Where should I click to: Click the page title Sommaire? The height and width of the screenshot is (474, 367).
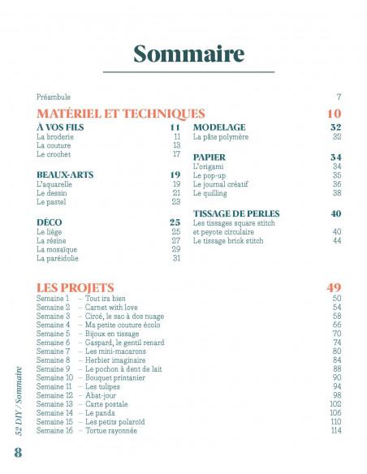click(188, 54)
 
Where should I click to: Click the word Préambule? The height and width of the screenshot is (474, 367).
click(54, 96)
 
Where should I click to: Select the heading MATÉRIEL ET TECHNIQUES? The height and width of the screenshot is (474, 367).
click(120, 114)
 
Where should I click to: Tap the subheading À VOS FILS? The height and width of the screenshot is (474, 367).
click(61, 128)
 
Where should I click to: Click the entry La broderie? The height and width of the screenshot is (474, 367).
click(54, 137)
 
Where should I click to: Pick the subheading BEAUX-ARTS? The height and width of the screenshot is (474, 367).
click(63, 175)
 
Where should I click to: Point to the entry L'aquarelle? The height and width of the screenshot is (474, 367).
click(54, 184)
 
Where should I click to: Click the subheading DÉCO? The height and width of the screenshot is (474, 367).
click(50, 222)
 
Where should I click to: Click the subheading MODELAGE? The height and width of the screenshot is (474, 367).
click(219, 128)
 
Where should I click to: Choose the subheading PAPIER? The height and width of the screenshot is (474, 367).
click(209, 157)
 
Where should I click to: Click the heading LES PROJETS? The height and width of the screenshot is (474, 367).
click(75, 287)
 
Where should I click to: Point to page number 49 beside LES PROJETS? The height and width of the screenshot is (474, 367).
click(333, 287)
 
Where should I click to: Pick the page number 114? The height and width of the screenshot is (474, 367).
click(335, 431)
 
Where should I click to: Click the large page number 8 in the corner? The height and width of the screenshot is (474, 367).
click(17, 452)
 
